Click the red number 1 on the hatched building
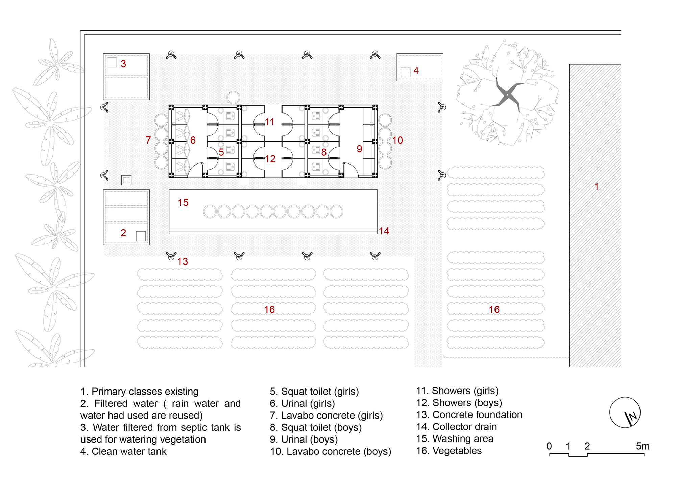pyautogui.click(x=597, y=186)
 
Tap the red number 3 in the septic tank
pyautogui.click(x=123, y=64)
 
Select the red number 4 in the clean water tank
pyautogui.click(x=416, y=70)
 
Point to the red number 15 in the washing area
pyautogui.click(x=183, y=202)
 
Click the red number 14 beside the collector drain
pyautogui.click(x=384, y=231)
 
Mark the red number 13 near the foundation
pyautogui.click(x=183, y=261)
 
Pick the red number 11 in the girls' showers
pyautogui.click(x=269, y=122)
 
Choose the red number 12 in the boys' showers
pyautogui.click(x=270, y=159)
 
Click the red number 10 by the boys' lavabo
pyautogui.click(x=397, y=140)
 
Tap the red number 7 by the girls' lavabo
pyautogui.click(x=148, y=140)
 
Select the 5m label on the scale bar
pyautogui.click(x=643, y=446)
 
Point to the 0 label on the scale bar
pyautogui.click(x=549, y=446)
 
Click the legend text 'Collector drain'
pyautogui.click(x=464, y=427)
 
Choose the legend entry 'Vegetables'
pyautogui.click(x=457, y=451)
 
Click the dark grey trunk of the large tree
pyautogui.click(x=507, y=95)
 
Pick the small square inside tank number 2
pyautogui.click(x=141, y=236)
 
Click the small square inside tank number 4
pyautogui.click(x=406, y=72)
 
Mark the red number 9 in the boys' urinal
pyautogui.click(x=359, y=149)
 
